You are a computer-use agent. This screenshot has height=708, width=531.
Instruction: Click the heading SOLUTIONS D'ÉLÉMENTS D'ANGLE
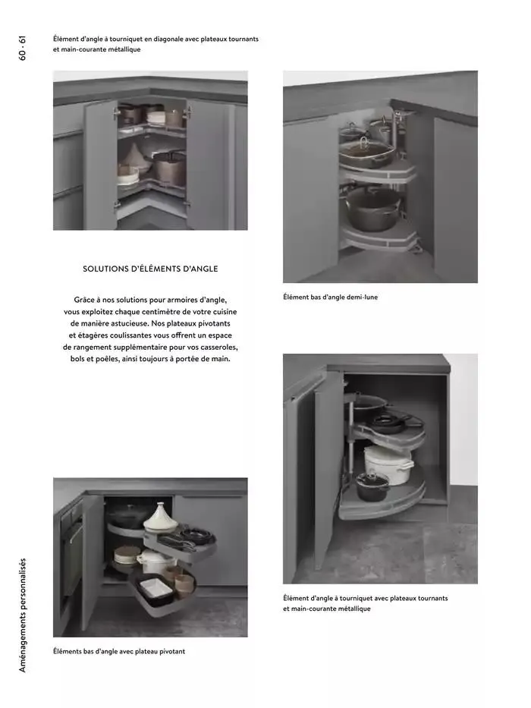(x=149, y=269)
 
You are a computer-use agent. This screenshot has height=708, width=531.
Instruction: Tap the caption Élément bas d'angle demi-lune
(x=330, y=297)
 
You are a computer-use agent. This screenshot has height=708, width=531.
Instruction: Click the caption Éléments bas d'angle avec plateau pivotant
(x=118, y=651)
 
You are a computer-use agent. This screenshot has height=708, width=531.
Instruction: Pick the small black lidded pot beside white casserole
(x=372, y=486)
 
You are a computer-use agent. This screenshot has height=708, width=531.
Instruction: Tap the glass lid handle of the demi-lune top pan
(x=364, y=140)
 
